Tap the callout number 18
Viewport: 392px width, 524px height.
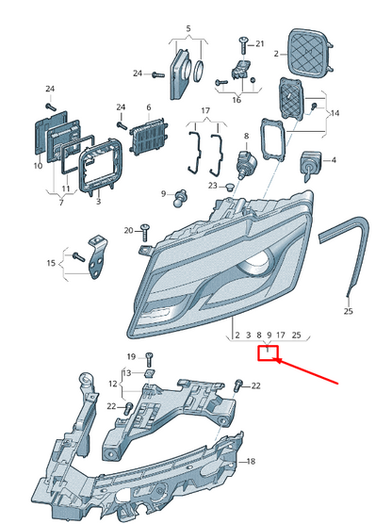pyautogui.click(x=251, y=461)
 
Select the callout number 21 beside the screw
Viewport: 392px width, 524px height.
pyautogui.click(x=260, y=43)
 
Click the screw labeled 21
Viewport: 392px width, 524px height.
pyautogui.click(x=243, y=45)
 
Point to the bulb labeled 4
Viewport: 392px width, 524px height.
pyautogui.click(x=311, y=165)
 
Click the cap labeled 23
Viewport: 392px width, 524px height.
pyautogui.click(x=230, y=187)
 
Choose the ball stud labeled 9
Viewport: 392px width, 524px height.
pyautogui.click(x=180, y=198)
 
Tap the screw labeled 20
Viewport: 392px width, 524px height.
pyautogui.click(x=144, y=233)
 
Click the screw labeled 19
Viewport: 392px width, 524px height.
pyautogui.click(x=149, y=360)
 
